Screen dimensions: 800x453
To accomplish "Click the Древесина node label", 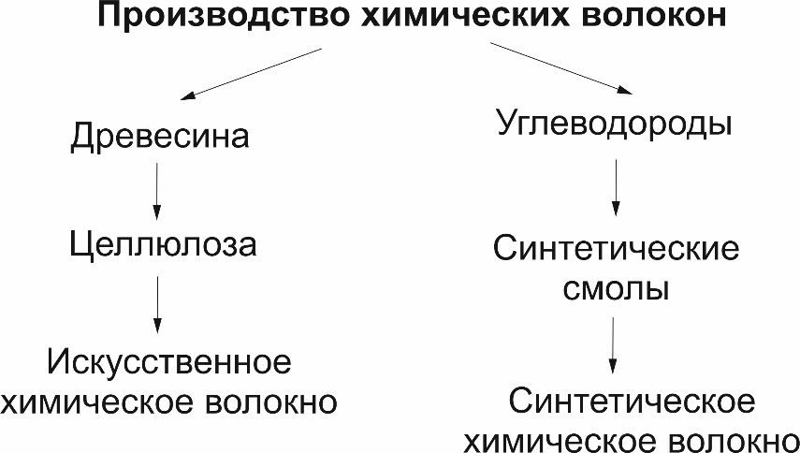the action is click(160, 138).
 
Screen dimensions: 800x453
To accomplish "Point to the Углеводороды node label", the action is click(615, 124).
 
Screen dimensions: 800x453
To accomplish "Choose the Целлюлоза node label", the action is click(163, 246).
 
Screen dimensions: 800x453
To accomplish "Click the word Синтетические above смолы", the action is click(616, 250).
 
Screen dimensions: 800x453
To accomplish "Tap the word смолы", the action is click(616, 290).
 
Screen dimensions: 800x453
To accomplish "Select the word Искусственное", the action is click(169, 363).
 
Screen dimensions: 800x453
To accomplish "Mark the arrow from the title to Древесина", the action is click(251, 73).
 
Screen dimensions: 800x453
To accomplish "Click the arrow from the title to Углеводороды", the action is click(560, 68).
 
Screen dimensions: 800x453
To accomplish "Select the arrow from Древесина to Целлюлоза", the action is click(156, 191).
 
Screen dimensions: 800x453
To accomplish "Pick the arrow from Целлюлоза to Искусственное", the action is click(157, 304).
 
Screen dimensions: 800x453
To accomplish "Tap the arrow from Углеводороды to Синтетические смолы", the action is click(616, 187).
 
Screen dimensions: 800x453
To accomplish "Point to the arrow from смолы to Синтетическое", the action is click(613, 345).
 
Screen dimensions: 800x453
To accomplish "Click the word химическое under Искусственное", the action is click(97, 403).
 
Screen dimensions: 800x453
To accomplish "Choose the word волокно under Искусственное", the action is click(271, 403).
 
